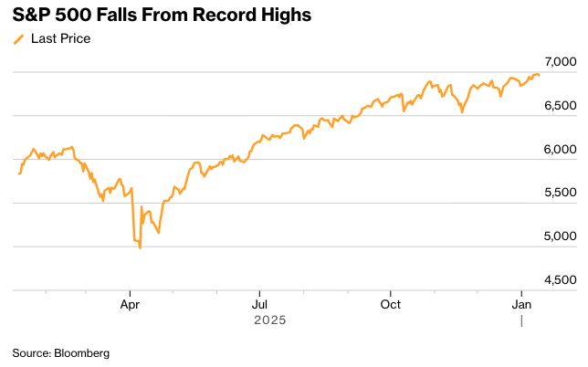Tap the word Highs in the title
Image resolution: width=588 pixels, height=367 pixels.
(284, 15)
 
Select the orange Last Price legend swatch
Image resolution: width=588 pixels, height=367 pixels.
(18, 39)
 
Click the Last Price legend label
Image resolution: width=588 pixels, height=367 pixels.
(60, 39)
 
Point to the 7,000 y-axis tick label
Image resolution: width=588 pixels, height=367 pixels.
(559, 62)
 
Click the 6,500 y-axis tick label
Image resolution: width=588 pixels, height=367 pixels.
(559, 106)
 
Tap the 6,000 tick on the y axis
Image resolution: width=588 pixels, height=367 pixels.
(559, 150)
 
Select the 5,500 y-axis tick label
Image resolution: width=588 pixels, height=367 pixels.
(559, 193)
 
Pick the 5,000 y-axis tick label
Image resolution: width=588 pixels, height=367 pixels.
(559, 236)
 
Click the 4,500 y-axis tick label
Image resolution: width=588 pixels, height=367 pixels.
(559, 279)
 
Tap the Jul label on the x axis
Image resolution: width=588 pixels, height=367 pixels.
(260, 303)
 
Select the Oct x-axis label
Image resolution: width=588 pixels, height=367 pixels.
(391, 303)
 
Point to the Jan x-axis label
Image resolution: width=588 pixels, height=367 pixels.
(521, 303)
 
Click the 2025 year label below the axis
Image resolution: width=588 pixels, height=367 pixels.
(271, 320)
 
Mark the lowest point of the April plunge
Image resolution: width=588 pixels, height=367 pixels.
(140, 247)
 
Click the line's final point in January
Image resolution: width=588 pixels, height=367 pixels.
(539, 76)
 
